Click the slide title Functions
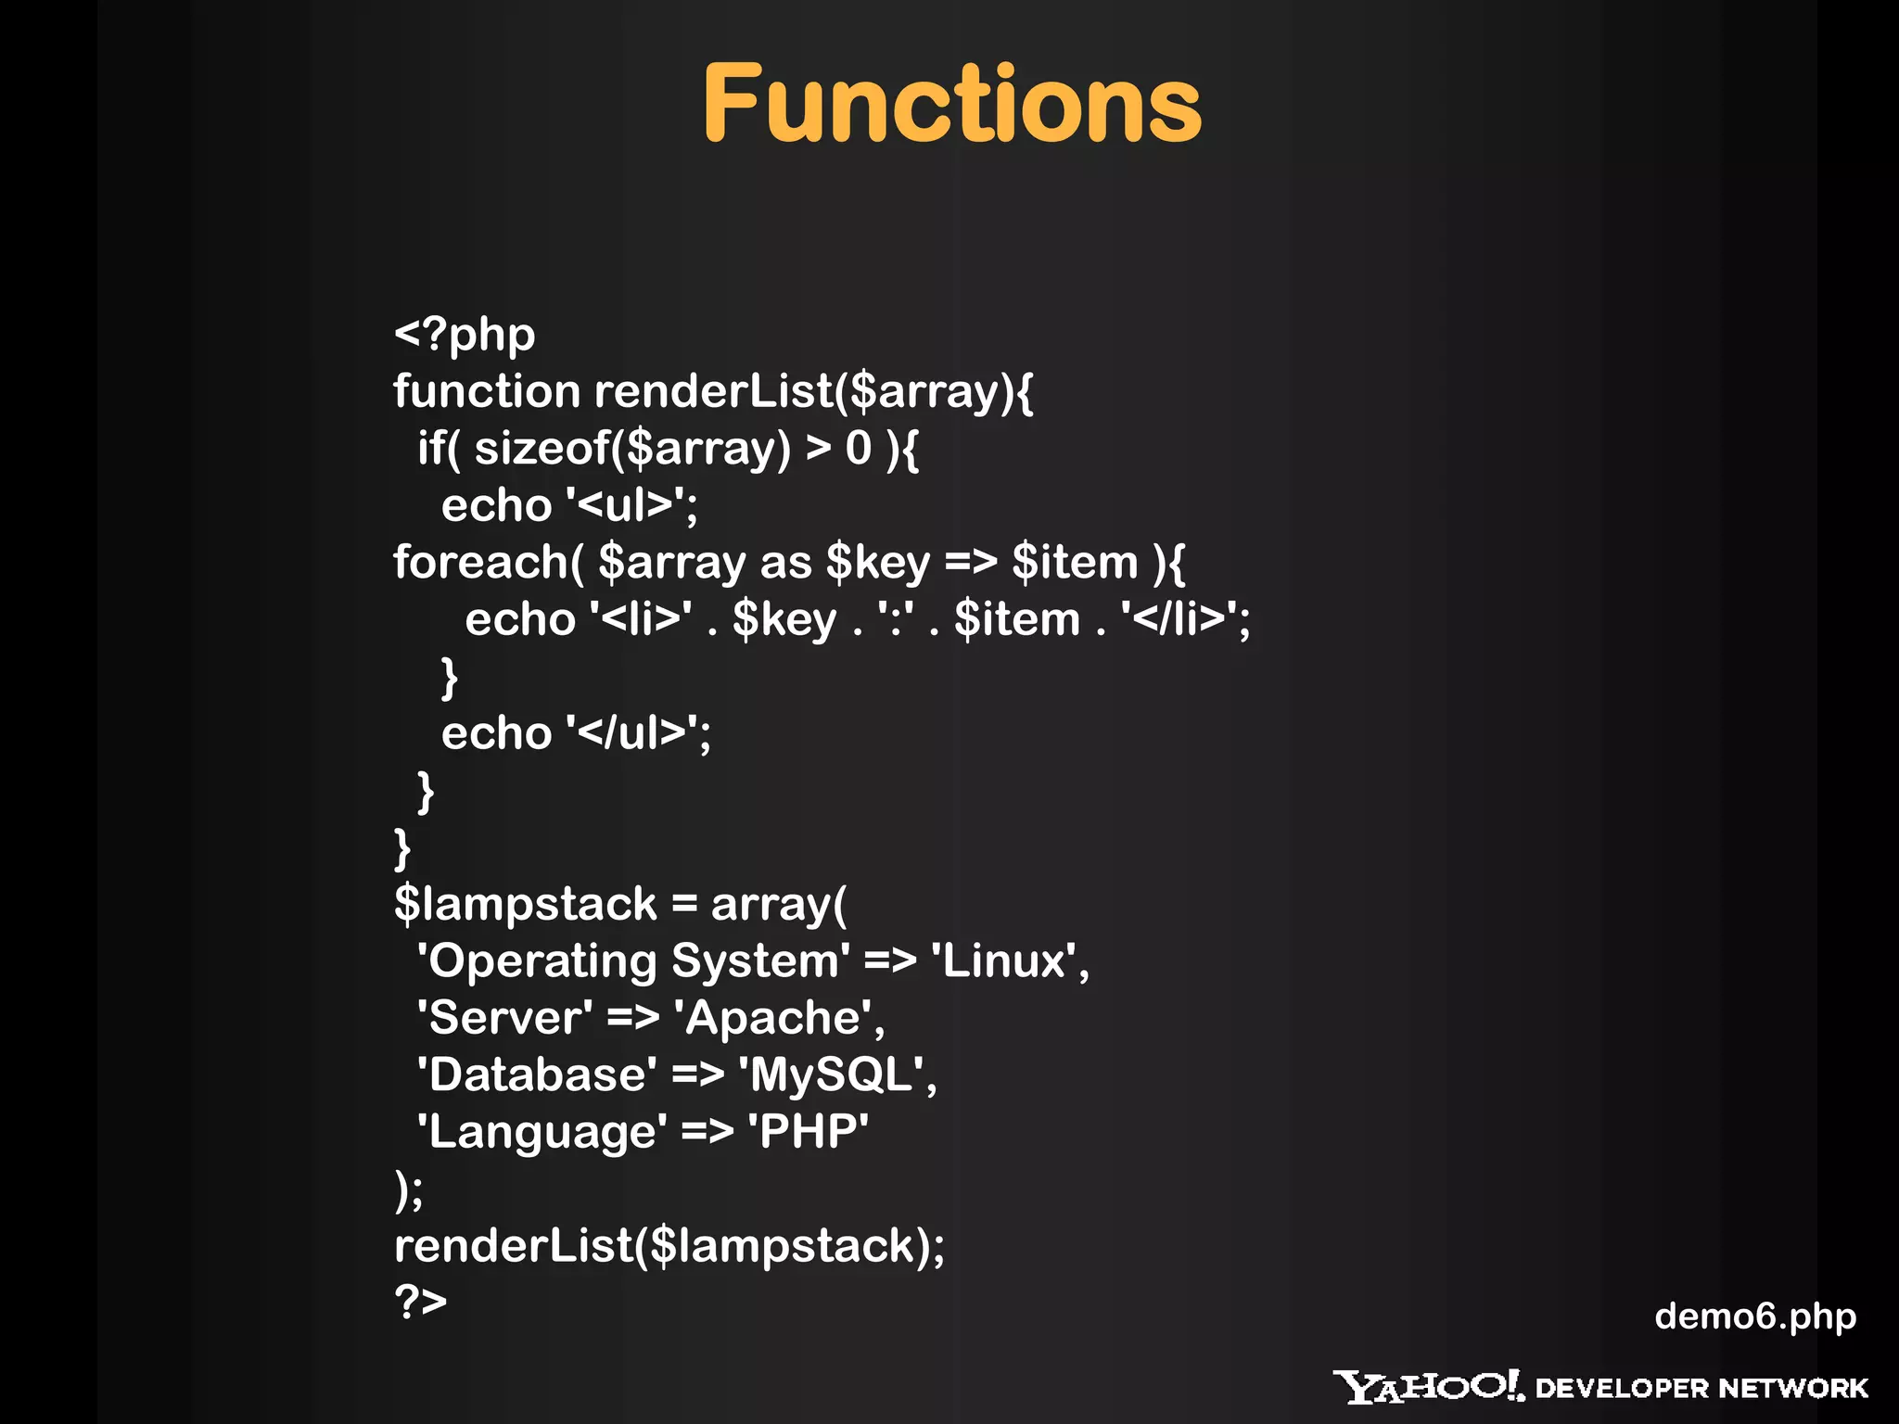[951, 104]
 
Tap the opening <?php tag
[465, 335]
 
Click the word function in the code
[486, 390]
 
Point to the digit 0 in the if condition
[858, 449]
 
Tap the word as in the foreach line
[785, 563]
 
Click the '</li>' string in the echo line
[1179, 619]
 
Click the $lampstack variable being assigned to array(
[525, 904]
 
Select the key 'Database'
[537, 1075]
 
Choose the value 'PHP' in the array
[808, 1132]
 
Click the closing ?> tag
[420, 1301]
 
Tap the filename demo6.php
[1754, 1316]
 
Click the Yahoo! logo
[1428, 1387]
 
